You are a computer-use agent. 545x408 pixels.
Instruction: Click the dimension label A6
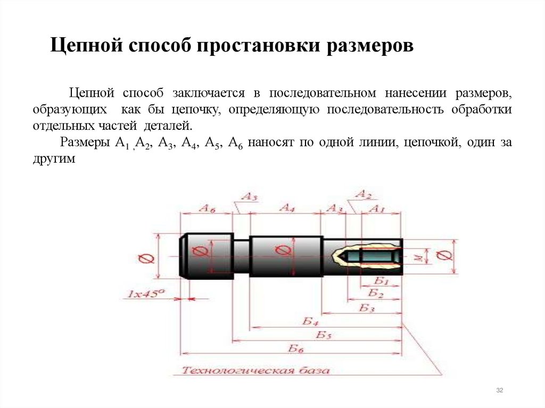[207, 209]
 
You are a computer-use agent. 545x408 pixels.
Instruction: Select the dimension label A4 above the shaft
[286, 208]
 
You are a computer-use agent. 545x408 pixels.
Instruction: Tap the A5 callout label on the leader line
[249, 197]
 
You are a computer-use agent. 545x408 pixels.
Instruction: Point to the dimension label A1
[377, 209]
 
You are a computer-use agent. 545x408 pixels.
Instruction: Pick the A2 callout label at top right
[364, 194]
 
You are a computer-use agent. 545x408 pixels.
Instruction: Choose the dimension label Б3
[366, 308]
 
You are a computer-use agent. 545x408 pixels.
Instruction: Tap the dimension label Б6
[296, 348]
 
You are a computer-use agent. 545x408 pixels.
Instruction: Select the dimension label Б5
[324, 335]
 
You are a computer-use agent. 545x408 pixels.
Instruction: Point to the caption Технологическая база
[255, 370]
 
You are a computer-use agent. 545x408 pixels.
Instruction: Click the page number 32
[499, 391]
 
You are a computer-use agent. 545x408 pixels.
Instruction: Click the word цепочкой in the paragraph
[431, 143]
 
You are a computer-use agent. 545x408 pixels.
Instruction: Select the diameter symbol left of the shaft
[146, 259]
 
